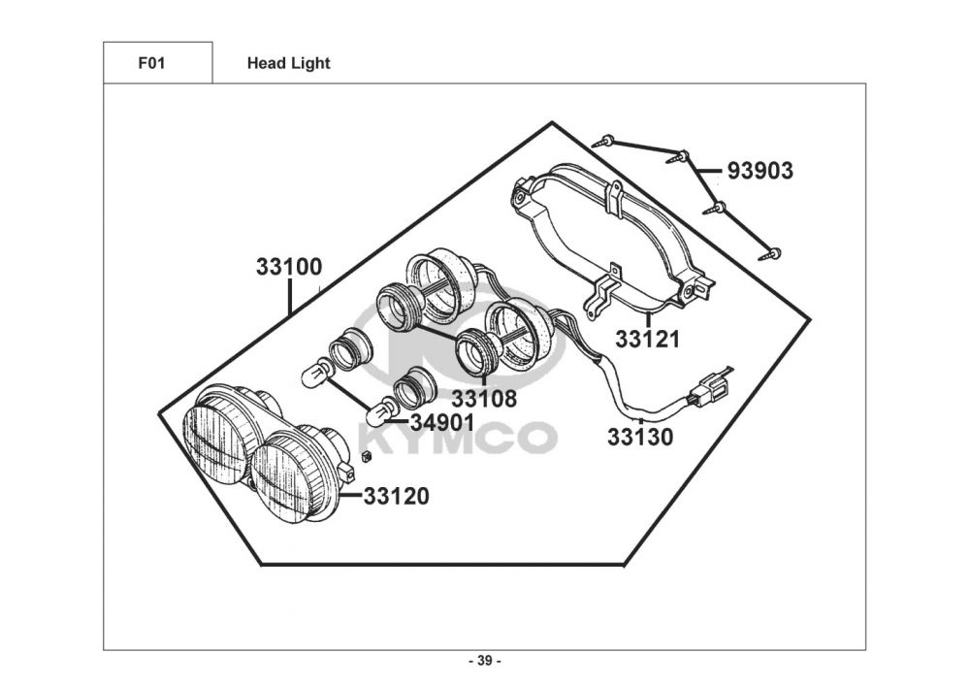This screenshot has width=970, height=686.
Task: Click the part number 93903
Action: pos(760,172)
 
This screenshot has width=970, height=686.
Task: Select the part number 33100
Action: pos(289,267)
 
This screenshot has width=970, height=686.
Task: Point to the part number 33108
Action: pos(484,398)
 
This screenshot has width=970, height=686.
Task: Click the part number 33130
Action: pos(640,437)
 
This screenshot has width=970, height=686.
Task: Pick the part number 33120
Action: pos(396,497)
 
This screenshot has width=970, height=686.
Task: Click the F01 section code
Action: pos(151,63)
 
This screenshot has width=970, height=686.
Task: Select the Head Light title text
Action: pos(288,63)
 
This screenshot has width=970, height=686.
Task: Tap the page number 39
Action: pos(484,662)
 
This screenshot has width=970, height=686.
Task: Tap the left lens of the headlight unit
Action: pos(215,432)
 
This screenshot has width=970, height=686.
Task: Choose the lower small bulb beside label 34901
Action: pos(382,411)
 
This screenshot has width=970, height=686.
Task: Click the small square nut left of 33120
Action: pos(366,455)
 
